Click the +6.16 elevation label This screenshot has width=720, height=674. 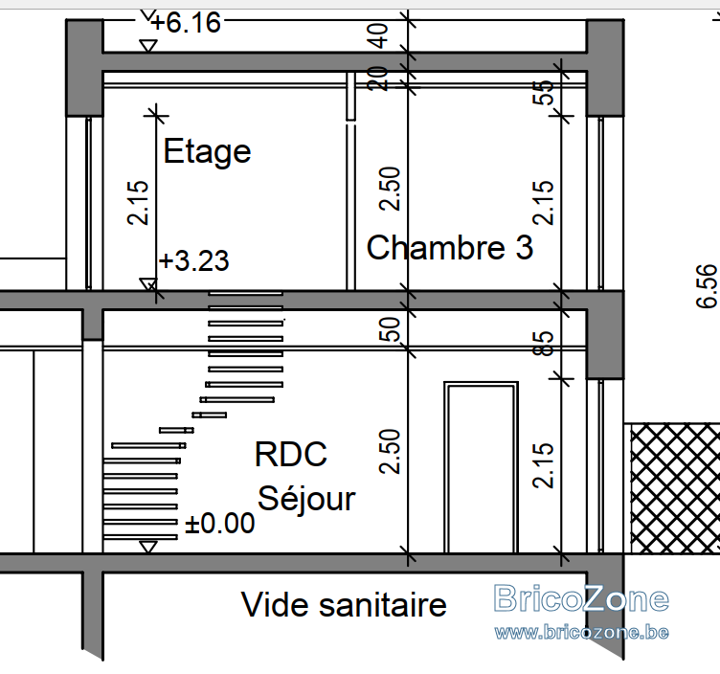coord(186,22)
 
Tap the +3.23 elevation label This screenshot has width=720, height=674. coord(193,260)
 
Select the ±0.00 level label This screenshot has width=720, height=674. coord(219,523)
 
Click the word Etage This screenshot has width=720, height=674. coord(207,151)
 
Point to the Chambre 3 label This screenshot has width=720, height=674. coord(450,247)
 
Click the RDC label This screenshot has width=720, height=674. coord(291,454)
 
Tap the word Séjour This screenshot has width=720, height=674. coord(306,498)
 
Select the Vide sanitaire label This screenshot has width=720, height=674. coord(344,605)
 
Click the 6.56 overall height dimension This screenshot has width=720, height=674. coord(707,285)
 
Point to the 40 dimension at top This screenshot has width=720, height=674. coord(377,35)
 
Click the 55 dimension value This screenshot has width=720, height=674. coord(543,92)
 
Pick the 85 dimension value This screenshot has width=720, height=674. coord(543,343)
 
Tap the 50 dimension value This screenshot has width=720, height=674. coord(390,328)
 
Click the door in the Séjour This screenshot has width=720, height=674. coord(482,467)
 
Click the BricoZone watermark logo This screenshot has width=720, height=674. coord(581,598)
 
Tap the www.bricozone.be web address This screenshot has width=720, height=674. coord(581,632)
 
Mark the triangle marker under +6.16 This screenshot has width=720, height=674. coord(148,46)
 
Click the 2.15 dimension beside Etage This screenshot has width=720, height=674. coord(138,202)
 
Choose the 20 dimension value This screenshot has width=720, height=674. coord(377,79)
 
